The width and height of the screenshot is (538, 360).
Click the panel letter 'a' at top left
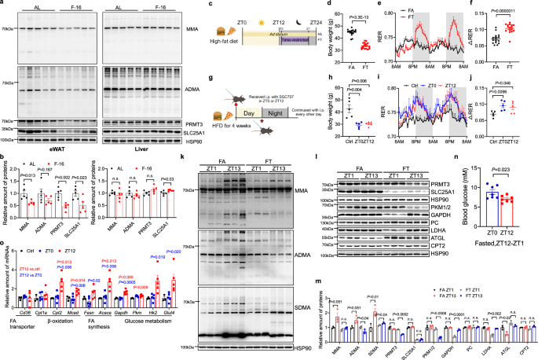click(x=3, y=4)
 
